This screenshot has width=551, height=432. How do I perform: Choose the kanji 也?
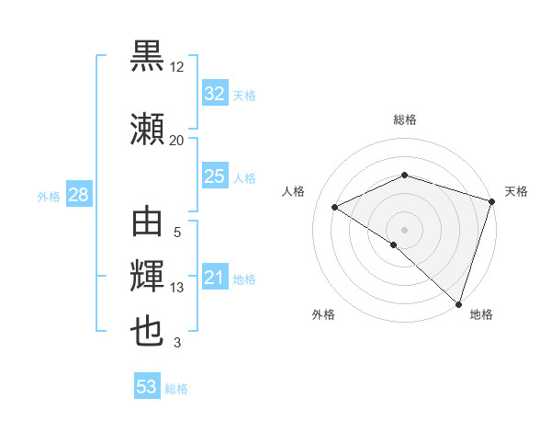click(148, 331)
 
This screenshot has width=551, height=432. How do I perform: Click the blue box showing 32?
click(214, 94)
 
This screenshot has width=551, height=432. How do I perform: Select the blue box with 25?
click(214, 176)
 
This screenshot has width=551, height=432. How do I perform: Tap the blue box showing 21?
click(214, 278)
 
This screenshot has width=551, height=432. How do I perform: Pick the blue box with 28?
click(78, 195)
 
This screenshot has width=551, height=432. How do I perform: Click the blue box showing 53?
click(147, 387)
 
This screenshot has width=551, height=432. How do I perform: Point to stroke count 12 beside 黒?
click(177, 68)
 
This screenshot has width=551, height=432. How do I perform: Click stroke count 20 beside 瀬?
click(177, 140)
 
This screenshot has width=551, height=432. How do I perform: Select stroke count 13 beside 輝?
click(177, 288)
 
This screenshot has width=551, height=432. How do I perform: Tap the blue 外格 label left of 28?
click(49, 196)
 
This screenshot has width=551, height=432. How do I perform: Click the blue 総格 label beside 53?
click(176, 389)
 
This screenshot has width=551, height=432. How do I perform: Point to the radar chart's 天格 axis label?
click(516, 191)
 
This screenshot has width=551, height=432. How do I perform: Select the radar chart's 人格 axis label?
click(294, 191)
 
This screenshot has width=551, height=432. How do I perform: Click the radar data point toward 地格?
click(458, 303)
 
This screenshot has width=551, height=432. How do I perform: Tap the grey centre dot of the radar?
click(404, 229)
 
